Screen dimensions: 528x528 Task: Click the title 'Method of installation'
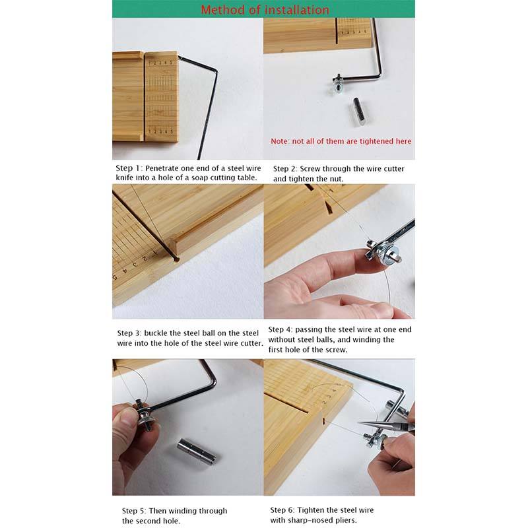(265, 10)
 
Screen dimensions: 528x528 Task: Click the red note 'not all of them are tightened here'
(352, 141)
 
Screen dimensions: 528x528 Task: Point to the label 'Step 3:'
(129, 333)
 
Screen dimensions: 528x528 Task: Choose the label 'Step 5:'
(134, 511)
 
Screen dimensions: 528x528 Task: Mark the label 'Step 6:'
(282, 510)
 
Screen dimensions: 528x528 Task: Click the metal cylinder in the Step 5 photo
(197, 452)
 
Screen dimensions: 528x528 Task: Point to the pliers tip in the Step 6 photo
(360, 423)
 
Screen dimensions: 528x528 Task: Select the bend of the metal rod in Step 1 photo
(215, 72)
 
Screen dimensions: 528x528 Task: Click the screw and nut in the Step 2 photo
(338, 84)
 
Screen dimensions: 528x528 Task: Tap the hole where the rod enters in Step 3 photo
(176, 259)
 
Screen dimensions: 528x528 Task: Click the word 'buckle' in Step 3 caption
(155, 333)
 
